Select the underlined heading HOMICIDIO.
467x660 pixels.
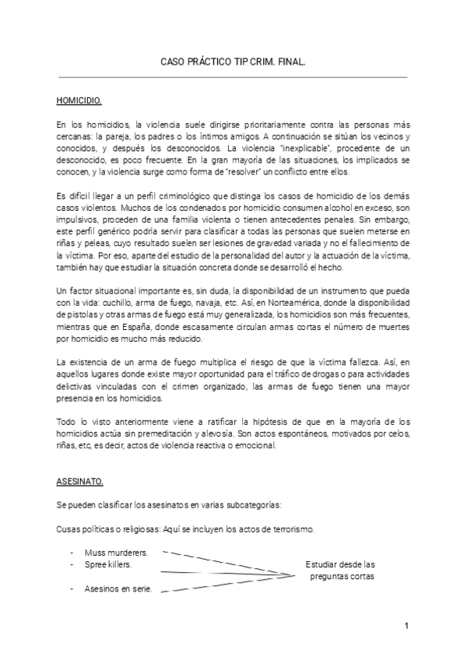(x=80, y=101)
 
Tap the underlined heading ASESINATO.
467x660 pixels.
(x=79, y=481)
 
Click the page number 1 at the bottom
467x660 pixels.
(x=406, y=626)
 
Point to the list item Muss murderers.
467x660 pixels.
(x=117, y=552)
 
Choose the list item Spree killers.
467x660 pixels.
(x=108, y=563)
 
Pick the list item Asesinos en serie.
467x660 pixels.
(x=118, y=588)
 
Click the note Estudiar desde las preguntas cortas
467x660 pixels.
(x=341, y=570)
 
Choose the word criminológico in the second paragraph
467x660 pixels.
(x=186, y=196)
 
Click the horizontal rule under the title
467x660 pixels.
(x=233, y=77)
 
